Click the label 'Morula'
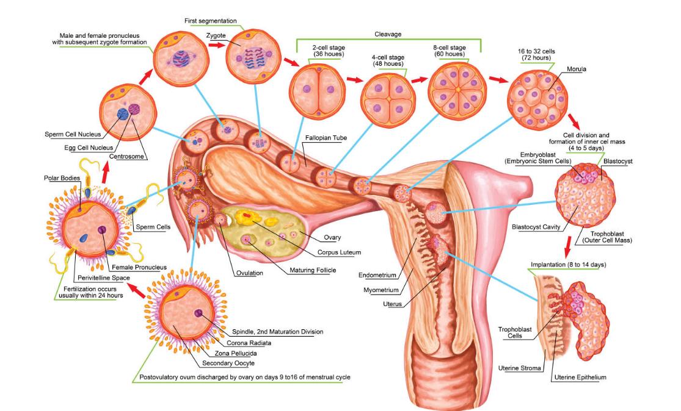coord(576,70)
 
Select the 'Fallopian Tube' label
coord(326,138)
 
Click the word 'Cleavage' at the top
coord(388,34)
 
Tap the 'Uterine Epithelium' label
coord(580,377)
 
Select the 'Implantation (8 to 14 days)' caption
coord(567,265)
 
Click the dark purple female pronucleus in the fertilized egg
coord(103,231)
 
